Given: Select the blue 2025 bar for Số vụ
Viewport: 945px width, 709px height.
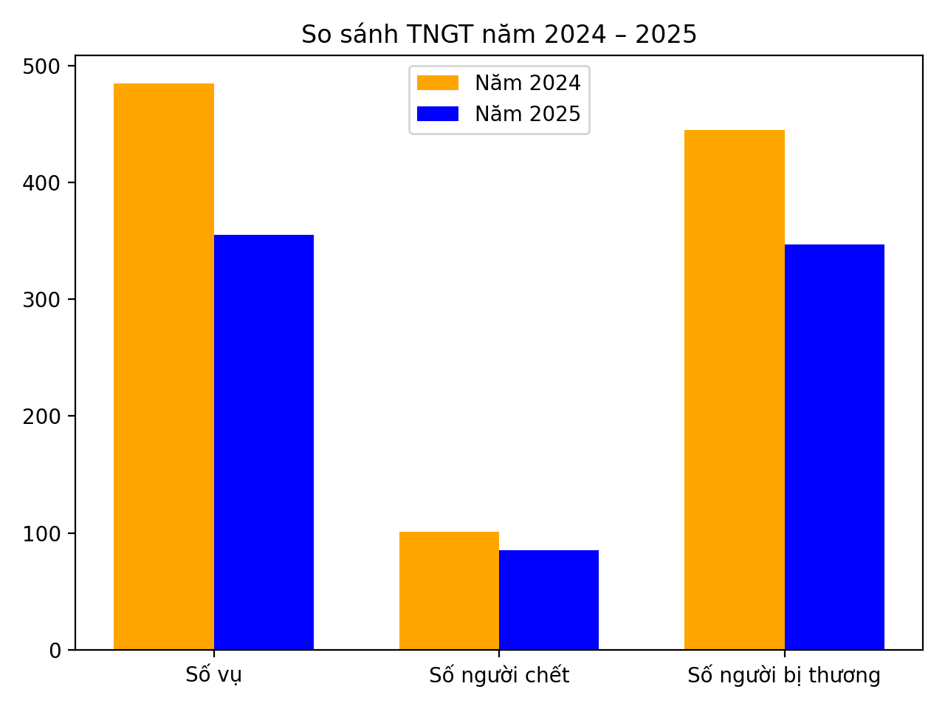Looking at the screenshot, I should click(264, 442).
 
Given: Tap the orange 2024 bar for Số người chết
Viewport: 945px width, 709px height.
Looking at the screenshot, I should click(449, 591).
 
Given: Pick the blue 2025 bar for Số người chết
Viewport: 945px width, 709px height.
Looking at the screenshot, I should click(549, 600).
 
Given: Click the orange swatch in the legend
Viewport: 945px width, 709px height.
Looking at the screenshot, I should click(438, 83).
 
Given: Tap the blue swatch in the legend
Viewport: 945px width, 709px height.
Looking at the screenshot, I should click(438, 114).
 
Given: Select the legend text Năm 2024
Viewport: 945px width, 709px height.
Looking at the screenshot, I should click(527, 83).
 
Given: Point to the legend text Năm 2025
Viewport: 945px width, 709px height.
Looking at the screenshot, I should click(527, 114).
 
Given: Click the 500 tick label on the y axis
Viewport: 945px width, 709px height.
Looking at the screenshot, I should click(44, 66).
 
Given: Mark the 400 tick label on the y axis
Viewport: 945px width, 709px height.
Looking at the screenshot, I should click(44, 183).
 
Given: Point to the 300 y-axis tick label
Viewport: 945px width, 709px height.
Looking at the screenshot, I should click(44, 300).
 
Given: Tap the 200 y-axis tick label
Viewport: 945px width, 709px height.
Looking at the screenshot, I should click(44, 417).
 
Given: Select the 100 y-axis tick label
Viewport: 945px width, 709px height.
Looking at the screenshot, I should click(44, 533).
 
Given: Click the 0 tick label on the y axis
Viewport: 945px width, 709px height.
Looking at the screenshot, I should click(56, 650).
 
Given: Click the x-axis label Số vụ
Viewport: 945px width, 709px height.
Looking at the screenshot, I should click(214, 675).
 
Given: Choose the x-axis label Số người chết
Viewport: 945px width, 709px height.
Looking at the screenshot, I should click(499, 675).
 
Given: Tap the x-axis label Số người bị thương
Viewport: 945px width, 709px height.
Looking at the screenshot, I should click(784, 675).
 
